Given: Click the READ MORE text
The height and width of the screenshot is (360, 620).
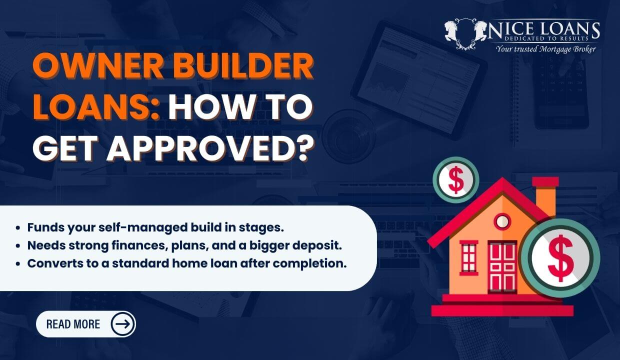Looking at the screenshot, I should (73, 324).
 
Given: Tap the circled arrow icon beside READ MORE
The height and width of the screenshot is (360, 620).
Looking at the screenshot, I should (122, 324).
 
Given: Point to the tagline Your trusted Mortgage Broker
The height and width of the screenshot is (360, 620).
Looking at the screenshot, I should (545, 49).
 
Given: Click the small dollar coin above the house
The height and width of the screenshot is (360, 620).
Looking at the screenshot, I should (455, 180).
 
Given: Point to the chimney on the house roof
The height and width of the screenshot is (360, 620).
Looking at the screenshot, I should (544, 197).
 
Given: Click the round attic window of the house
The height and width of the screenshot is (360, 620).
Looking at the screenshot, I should (502, 220).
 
